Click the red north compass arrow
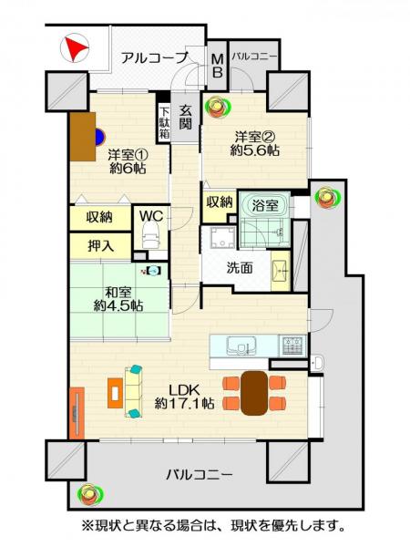pos(76,48)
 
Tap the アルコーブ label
pos(153,57)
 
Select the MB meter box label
pos(218,67)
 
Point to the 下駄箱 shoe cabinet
pos(164,119)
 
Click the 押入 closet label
pos(100,245)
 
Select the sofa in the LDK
pos(134,392)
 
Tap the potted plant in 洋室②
pos(217,107)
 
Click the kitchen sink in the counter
pos(239,346)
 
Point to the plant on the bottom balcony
pos(90,495)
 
